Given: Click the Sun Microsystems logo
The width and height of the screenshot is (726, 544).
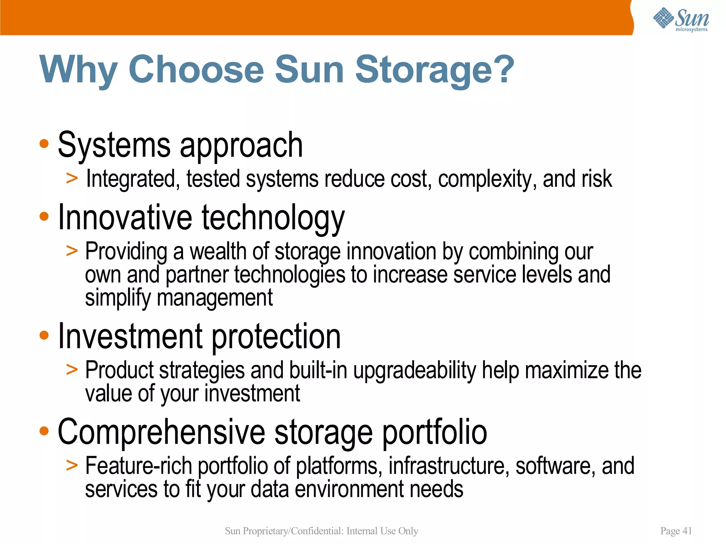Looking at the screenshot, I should [x=681, y=19].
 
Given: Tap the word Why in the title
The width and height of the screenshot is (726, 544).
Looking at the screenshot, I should [x=78, y=70].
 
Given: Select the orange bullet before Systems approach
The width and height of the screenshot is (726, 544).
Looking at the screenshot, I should [x=44, y=144].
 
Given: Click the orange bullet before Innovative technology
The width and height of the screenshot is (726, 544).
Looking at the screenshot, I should [x=44, y=216].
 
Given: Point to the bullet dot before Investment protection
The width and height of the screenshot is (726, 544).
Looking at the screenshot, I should [x=44, y=335].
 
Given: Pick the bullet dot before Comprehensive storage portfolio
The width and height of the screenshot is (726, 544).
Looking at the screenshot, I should [x=44, y=431].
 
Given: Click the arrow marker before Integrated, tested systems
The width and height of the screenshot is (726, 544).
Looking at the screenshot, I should [x=72, y=178].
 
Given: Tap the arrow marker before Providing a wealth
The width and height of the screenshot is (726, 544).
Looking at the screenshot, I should [x=72, y=251].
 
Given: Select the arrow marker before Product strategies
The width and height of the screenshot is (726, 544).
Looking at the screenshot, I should [x=72, y=370].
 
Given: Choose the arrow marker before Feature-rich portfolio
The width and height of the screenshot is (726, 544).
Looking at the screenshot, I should [x=72, y=465].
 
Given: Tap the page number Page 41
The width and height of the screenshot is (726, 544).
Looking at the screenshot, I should [x=676, y=531].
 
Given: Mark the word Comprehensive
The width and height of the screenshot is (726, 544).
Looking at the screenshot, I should [x=161, y=432].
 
